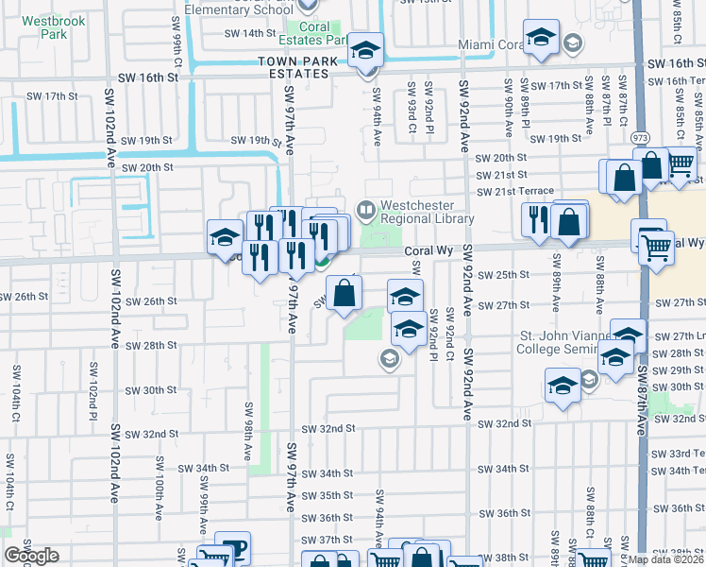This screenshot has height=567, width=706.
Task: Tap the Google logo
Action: pos(31,556)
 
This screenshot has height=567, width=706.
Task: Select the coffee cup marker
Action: pos(232,547)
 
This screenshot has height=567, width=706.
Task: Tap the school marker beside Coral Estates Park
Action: pos(364,50)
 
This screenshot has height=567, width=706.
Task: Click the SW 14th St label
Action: pos(248,33)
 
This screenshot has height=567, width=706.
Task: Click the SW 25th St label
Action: pos(504,275)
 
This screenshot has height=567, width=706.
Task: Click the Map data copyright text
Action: pos(666,559)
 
